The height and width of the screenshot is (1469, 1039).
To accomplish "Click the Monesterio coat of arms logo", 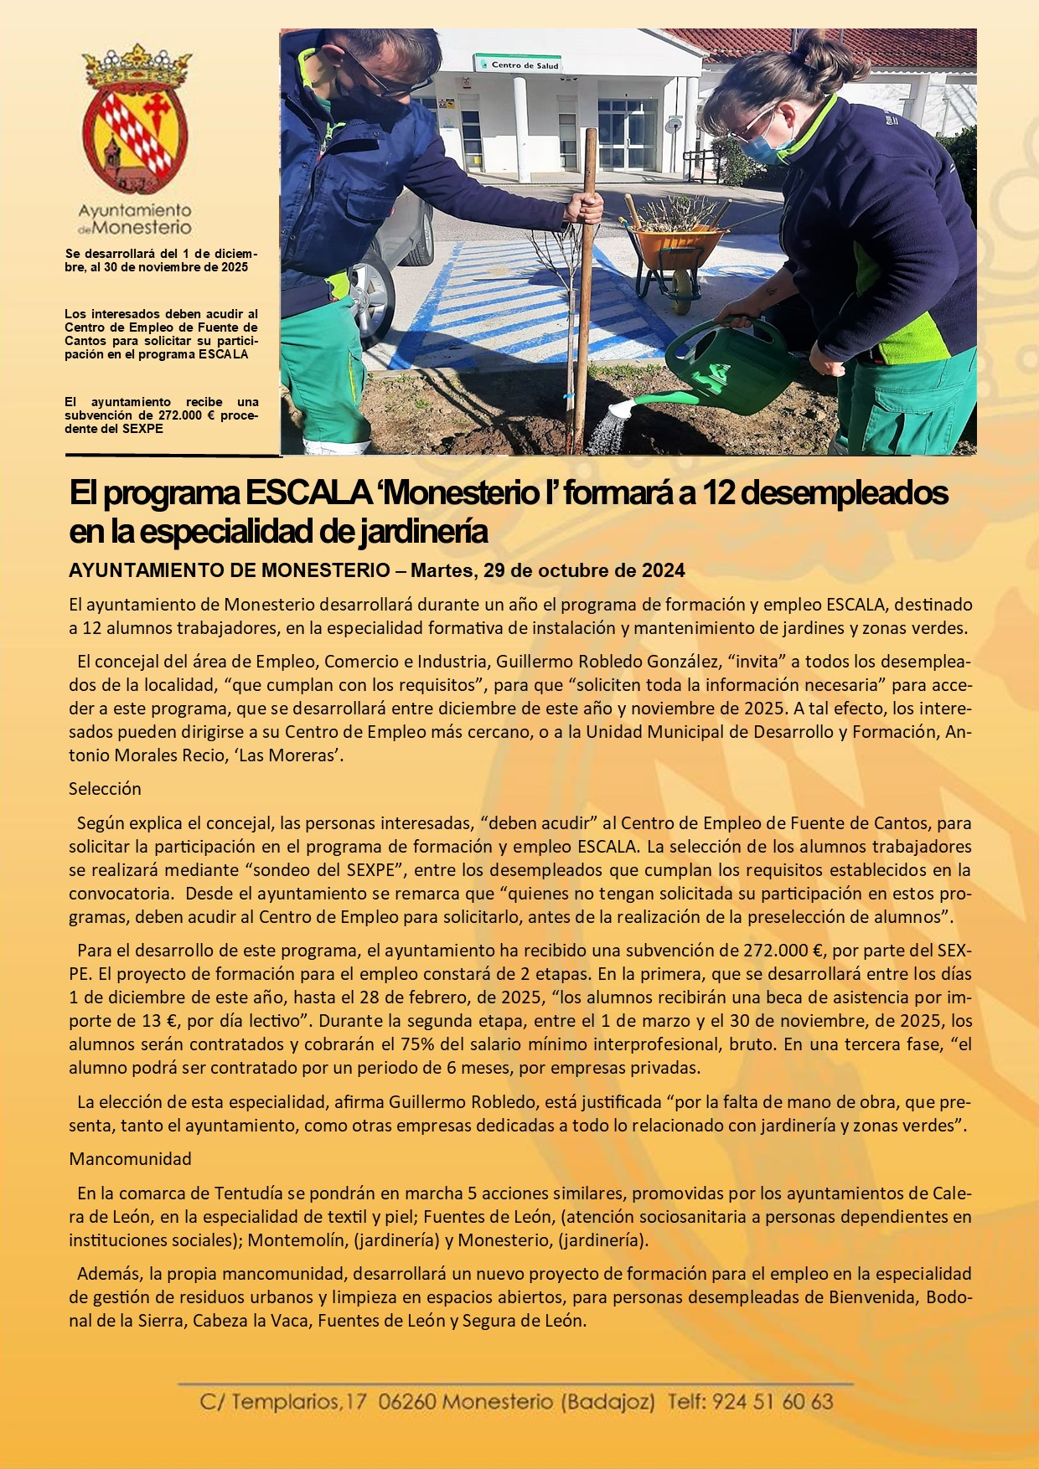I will (136, 121).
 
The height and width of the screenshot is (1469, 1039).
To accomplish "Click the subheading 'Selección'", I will (105, 789).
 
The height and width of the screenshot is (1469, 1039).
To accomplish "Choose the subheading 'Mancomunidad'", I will (130, 1159).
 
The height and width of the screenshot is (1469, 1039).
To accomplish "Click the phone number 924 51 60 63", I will (772, 1402).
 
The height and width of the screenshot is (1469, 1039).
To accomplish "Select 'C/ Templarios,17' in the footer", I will (282, 1402).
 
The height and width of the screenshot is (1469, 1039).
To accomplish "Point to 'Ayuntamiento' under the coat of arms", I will (135, 210).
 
